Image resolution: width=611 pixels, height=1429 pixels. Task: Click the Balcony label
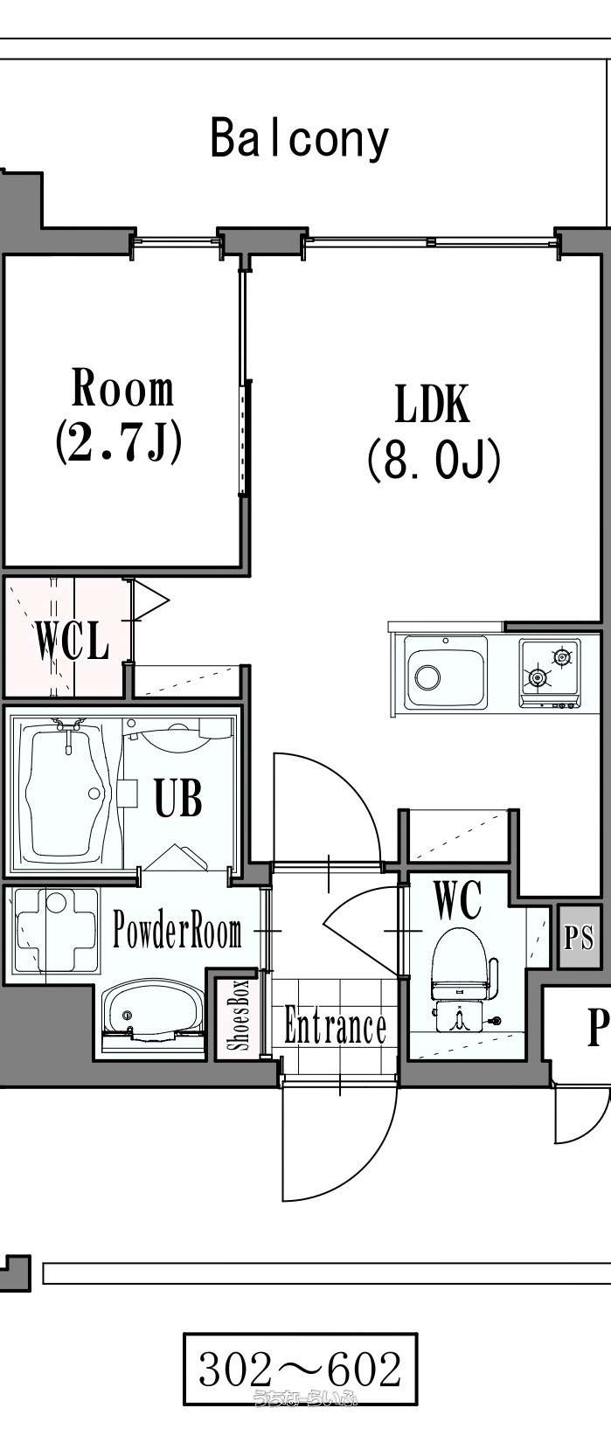[300, 138]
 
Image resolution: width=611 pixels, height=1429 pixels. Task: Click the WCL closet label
[72, 640]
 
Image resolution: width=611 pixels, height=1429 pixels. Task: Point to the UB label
[178, 797]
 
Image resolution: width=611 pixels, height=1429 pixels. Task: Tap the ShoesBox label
[239, 1015]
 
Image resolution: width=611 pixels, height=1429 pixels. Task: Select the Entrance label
[335, 1026]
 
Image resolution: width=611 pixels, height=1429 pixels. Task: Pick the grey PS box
[578, 937]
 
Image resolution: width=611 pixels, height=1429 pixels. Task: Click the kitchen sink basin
[444, 672]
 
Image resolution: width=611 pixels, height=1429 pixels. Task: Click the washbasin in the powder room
[149, 1010]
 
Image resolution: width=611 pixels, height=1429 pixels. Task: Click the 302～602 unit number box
[300, 1369]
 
